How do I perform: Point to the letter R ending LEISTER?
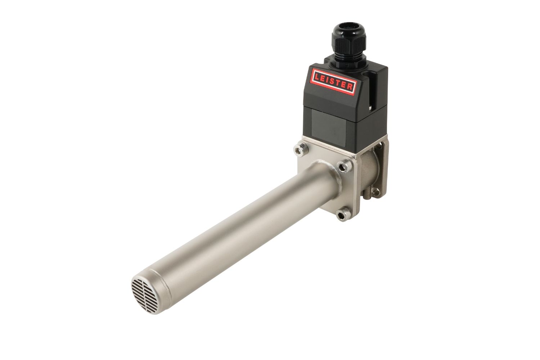tap(350, 86)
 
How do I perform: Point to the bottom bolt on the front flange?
tap(343, 215)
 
